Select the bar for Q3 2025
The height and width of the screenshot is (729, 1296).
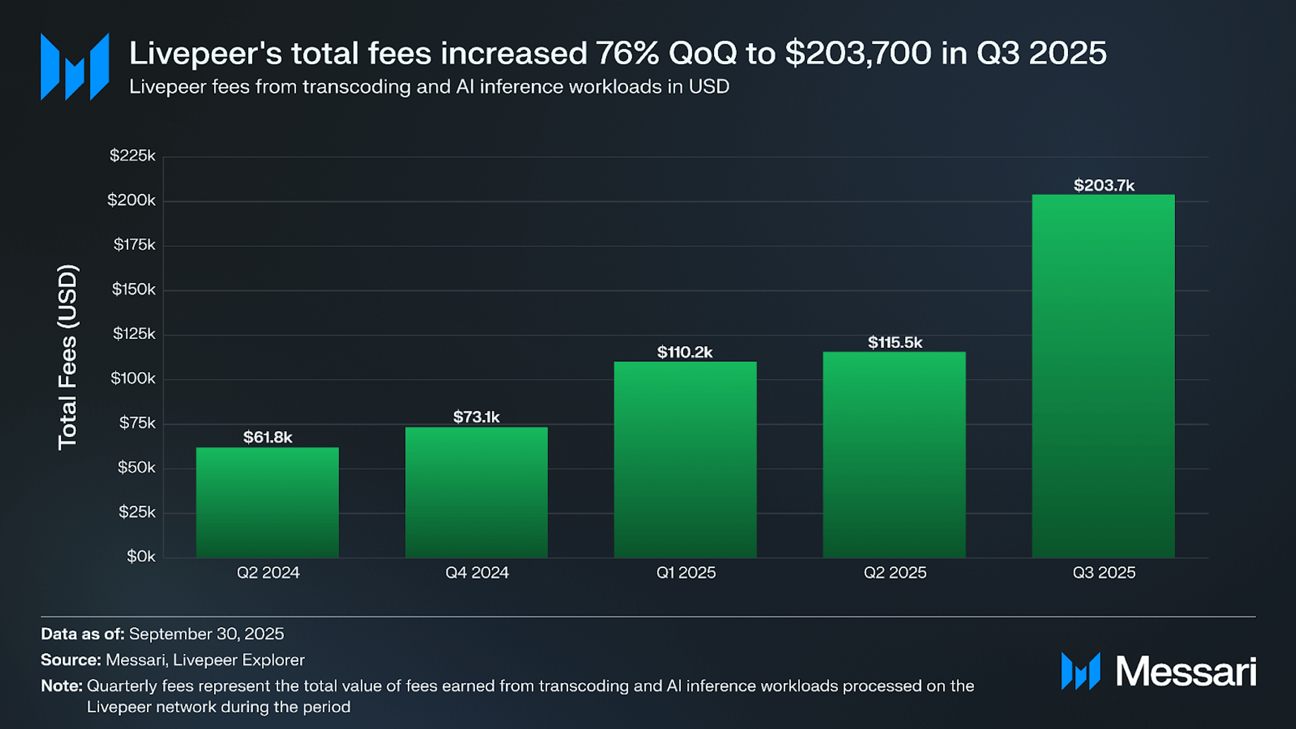pyautogui.click(x=1103, y=375)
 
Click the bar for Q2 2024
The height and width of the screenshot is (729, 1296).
pyautogui.click(x=267, y=502)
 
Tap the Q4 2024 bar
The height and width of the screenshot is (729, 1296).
pyautogui.click(x=476, y=492)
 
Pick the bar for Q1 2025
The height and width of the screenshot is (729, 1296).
pyautogui.click(x=685, y=459)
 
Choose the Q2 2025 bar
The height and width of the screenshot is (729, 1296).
pyautogui.click(x=894, y=454)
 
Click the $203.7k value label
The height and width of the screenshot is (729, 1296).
pyautogui.click(x=1104, y=185)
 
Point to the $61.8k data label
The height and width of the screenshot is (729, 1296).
pyautogui.click(x=267, y=437)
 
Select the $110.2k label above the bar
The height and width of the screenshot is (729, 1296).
pyautogui.click(x=685, y=352)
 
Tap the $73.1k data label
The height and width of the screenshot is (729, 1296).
pyautogui.click(x=476, y=417)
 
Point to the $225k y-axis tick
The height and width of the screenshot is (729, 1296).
pyautogui.click(x=133, y=156)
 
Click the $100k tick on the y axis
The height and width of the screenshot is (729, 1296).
pyautogui.click(x=133, y=379)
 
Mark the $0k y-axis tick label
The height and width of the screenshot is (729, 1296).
pyautogui.click(x=141, y=557)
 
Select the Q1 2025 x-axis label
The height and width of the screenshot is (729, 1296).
pyautogui.click(x=686, y=572)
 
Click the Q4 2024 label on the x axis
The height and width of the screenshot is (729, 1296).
pyautogui.click(x=477, y=572)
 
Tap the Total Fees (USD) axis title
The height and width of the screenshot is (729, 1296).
pyautogui.click(x=68, y=357)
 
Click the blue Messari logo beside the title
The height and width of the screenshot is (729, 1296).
pyautogui.click(x=74, y=67)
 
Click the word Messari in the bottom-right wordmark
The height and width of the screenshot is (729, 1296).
pyautogui.click(x=1186, y=672)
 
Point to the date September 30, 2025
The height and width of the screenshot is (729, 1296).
pyautogui.click(x=206, y=633)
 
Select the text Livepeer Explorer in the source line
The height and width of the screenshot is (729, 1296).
pyautogui.click(x=239, y=659)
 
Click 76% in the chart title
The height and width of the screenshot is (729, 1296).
pyautogui.click(x=626, y=53)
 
